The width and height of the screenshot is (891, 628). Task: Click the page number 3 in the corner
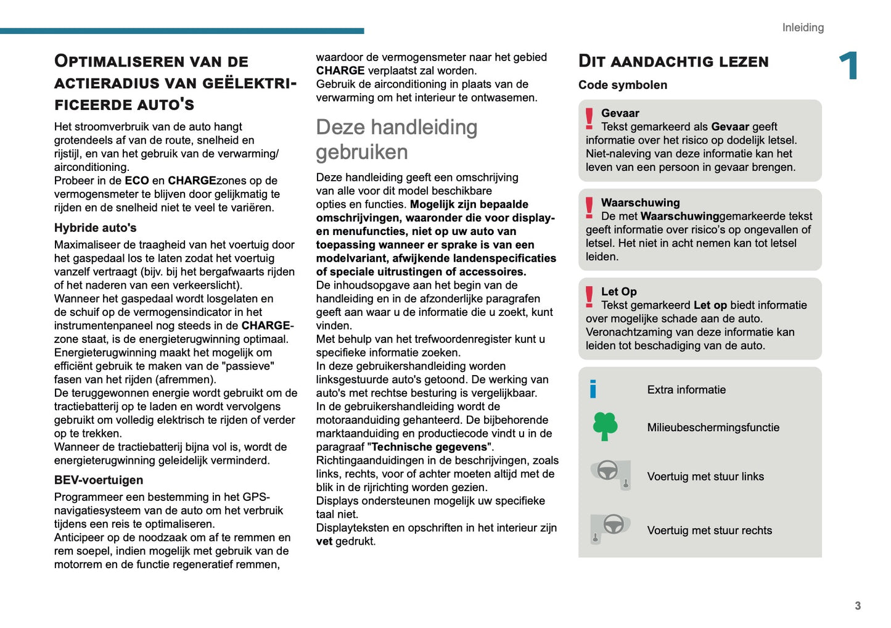point(858,606)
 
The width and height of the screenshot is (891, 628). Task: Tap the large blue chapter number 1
point(848,65)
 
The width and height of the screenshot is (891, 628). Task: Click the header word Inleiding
point(803,28)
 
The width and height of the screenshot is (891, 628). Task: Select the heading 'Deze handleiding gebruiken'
point(396,139)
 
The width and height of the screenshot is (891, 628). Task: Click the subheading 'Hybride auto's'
point(95,228)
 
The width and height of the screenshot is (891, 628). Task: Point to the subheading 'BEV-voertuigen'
point(99,480)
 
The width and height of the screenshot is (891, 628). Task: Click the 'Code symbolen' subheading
point(622,85)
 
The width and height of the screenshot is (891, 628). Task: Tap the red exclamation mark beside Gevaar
point(589,118)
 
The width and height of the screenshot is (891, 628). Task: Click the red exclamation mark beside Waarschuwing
point(589,208)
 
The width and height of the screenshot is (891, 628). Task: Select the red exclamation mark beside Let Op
point(589,297)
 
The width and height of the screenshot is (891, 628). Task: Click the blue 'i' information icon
point(593,389)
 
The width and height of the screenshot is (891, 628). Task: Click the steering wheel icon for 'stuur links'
point(611,474)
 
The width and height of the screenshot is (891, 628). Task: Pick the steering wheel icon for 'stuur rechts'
point(610,528)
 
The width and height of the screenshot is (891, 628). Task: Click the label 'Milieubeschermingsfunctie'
point(713,428)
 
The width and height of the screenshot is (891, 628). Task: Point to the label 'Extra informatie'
point(686,390)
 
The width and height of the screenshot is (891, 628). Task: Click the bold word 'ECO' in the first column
point(137,181)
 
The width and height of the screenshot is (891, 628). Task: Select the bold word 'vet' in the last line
point(324,542)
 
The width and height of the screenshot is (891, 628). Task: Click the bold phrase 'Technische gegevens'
point(429,447)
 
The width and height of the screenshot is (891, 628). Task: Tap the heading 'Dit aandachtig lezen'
point(673,61)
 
